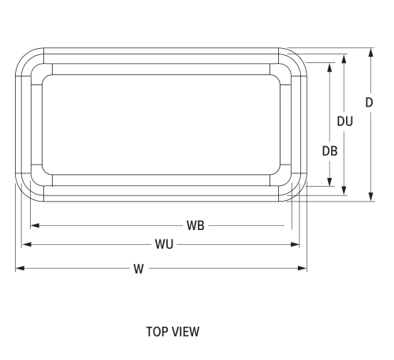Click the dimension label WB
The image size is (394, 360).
196,225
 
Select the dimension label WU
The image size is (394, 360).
164,244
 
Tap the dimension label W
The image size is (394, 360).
138,269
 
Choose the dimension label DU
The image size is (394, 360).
344,121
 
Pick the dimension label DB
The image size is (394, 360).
329,151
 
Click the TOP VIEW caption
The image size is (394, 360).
173,332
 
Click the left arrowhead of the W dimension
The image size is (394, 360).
19,269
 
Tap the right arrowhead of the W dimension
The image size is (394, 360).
303,269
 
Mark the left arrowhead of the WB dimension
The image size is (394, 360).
35,225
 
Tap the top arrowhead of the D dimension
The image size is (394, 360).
370,51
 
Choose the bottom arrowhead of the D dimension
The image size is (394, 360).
370,198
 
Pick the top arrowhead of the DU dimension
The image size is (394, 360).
344,58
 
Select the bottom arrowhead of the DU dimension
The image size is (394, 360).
344,191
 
